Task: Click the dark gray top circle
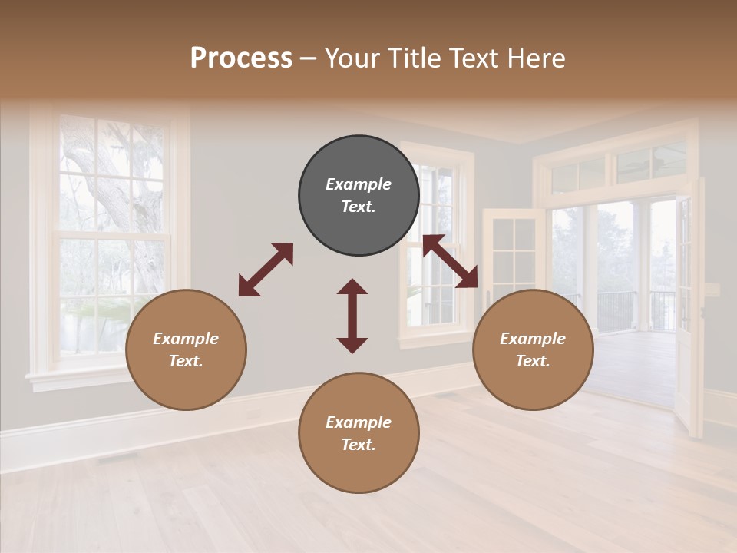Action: tap(359, 195)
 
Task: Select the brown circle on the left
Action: tap(186, 349)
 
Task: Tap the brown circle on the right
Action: tap(533, 349)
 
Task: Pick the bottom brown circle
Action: tap(359, 432)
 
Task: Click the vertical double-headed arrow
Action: tap(352, 316)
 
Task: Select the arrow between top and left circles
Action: tap(266, 270)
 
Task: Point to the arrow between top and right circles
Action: tap(450, 262)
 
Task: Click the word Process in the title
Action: tap(241, 58)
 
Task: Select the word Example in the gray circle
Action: tap(359, 184)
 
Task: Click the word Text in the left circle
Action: tap(185, 361)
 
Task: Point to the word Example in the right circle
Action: tap(533, 339)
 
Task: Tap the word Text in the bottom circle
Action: tap(358, 445)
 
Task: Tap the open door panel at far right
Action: tap(691, 307)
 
